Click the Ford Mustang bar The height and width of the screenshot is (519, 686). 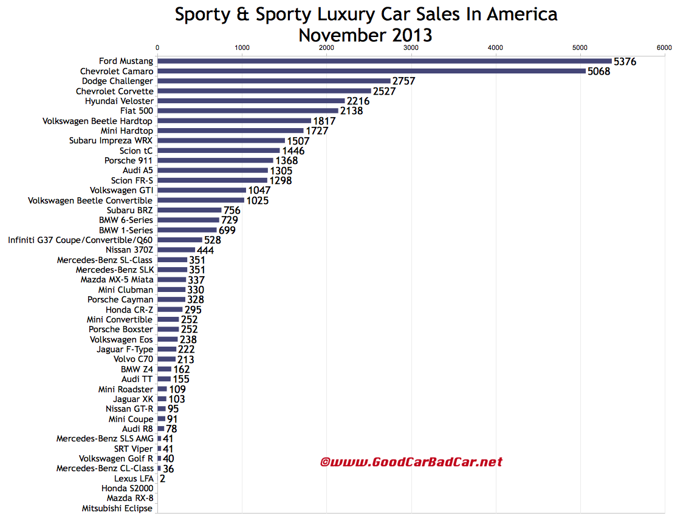(x=384, y=61)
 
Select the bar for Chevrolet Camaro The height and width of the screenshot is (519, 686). (x=371, y=71)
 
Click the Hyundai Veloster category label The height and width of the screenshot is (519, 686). (x=119, y=101)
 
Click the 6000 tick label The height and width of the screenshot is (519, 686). (x=664, y=47)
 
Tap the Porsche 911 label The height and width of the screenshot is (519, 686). (x=129, y=160)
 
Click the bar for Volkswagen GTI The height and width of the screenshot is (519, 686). (x=202, y=191)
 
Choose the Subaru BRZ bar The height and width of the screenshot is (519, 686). (x=189, y=210)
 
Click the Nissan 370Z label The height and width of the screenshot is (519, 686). (x=129, y=249)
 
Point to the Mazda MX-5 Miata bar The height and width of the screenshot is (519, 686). (x=172, y=280)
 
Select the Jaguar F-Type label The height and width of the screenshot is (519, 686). (x=125, y=349)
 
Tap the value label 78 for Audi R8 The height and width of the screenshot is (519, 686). (x=171, y=429)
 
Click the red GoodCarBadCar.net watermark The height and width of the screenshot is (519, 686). (x=411, y=462)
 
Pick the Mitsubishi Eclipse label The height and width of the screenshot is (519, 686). (x=117, y=509)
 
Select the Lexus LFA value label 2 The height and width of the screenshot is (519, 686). (x=162, y=479)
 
